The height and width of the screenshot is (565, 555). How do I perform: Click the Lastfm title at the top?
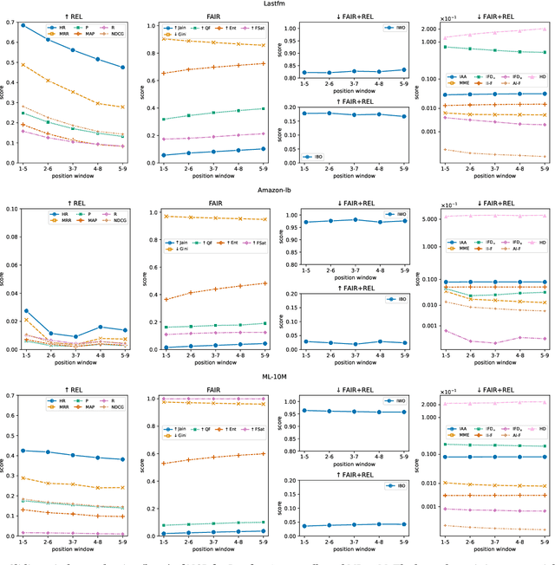tap(277, 4)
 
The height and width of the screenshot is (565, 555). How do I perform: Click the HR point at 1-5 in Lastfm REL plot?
tap(23, 25)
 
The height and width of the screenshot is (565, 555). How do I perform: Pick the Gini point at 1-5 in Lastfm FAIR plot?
tap(164, 39)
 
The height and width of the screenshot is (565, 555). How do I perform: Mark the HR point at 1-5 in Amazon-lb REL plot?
tap(23, 310)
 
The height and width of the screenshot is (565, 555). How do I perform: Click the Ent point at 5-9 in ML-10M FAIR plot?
tap(264, 453)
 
